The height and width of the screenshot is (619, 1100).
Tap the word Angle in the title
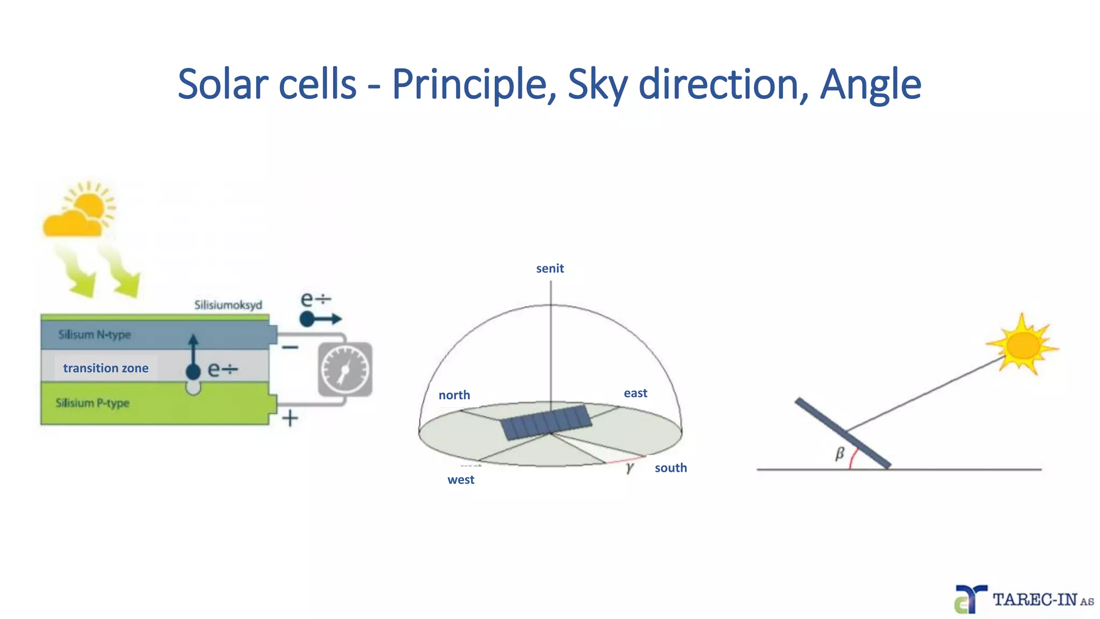point(870,84)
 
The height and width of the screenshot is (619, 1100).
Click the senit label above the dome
point(549,269)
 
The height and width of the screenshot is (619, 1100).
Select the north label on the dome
point(454,395)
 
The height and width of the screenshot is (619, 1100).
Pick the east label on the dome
point(635,393)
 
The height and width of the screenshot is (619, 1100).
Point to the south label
point(670,467)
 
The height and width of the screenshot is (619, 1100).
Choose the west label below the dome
point(460,480)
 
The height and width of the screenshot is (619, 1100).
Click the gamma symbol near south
point(629,467)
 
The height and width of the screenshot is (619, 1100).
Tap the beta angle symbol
point(840,454)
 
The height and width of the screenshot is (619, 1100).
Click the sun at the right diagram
point(1022,345)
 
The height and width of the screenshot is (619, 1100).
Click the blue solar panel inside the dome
point(546,422)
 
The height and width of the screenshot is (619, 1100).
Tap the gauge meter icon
point(345,370)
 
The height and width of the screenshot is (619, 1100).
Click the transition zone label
point(106,368)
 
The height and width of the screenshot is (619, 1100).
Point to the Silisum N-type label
point(95,335)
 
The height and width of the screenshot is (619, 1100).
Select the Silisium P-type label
point(92,403)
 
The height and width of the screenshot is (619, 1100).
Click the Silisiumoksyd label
point(228,305)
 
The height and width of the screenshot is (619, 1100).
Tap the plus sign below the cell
point(290,418)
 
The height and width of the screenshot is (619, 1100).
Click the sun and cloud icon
point(79,211)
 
